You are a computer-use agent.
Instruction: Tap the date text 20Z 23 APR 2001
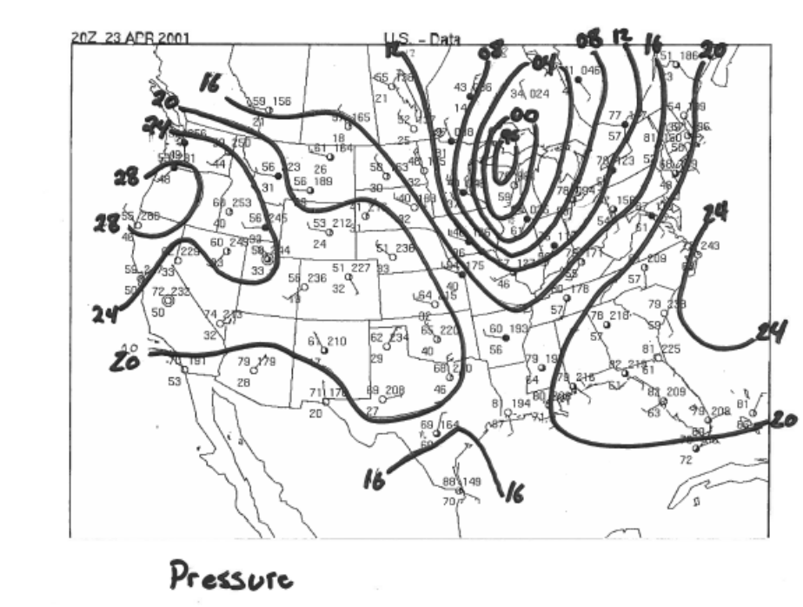pyautogui.click(x=130, y=39)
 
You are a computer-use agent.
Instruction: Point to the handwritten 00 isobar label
pyautogui.click(x=525, y=117)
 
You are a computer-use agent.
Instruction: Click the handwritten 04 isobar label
pyautogui.click(x=544, y=63)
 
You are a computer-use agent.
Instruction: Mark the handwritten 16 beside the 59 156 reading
pyautogui.click(x=212, y=83)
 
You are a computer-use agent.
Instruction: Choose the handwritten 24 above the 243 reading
pyautogui.click(x=714, y=210)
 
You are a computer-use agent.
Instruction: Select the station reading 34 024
pyautogui.click(x=530, y=93)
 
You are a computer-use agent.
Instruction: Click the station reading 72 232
pyautogui.click(x=171, y=291)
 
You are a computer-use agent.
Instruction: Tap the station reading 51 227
pyautogui.click(x=352, y=268)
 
